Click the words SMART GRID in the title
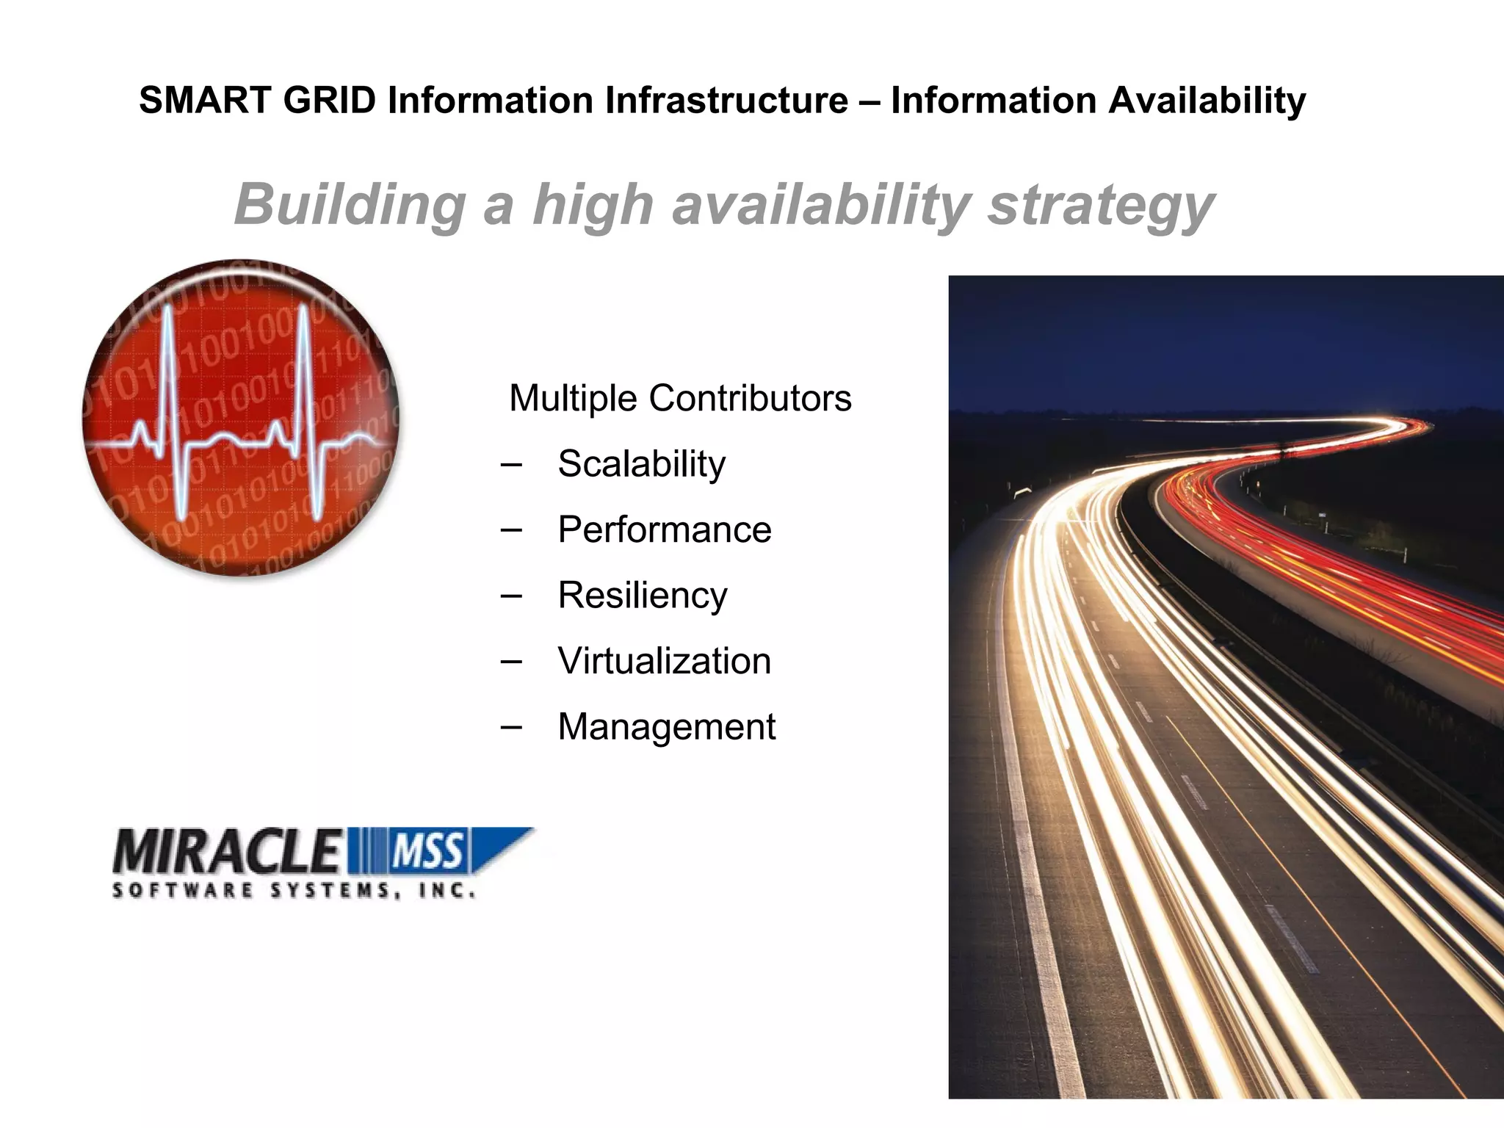pyautogui.click(x=257, y=101)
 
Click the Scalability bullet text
pyautogui.click(x=641, y=464)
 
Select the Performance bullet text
pyautogui.click(x=665, y=529)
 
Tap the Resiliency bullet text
pyautogui.click(x=643, y=596)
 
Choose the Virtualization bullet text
pyautogui.click(x=665, y=661)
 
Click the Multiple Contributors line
pyautogui.click(x=680, y=399)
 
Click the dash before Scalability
pyautogui.click(x=510, y=464)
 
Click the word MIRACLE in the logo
pyautogui.click(x=228, y=852)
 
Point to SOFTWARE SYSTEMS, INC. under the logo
pyautogui.click(x=294, y=891)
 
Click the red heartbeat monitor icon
pyautogui.click(x=241, y=417)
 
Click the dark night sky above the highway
pyautogui.click(x=1212, y=338)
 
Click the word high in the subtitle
pyautogui.click(x=592, y=205)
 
